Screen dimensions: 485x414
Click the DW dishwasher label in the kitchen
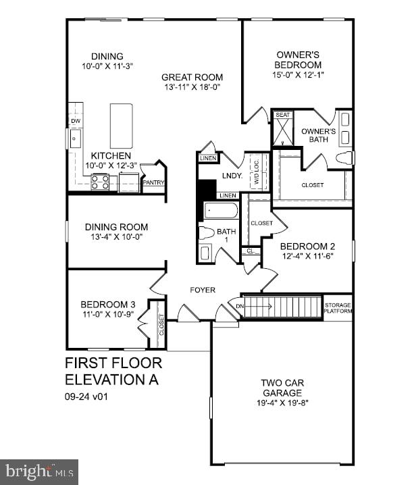(75, 122)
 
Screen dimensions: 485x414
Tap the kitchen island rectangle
(121, 126)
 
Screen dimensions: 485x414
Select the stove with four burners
(100, 182)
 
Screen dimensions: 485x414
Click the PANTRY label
(153, 182)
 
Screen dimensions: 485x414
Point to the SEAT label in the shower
(282, 116)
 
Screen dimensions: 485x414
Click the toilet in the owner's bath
(344, 158)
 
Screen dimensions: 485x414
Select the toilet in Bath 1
(206, 233)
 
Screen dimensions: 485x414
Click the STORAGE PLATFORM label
(338, 308)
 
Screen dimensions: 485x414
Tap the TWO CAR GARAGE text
(282, 388)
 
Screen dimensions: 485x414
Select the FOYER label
(202, 290)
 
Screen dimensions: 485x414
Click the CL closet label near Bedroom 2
(251, 251)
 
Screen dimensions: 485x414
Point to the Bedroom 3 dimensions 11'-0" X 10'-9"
(107, 314)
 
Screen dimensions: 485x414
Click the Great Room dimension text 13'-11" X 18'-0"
(192, 87)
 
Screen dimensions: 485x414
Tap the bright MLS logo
(39, 471)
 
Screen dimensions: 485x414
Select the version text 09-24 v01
(86, 397)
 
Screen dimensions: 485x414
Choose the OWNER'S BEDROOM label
(298, 59)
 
